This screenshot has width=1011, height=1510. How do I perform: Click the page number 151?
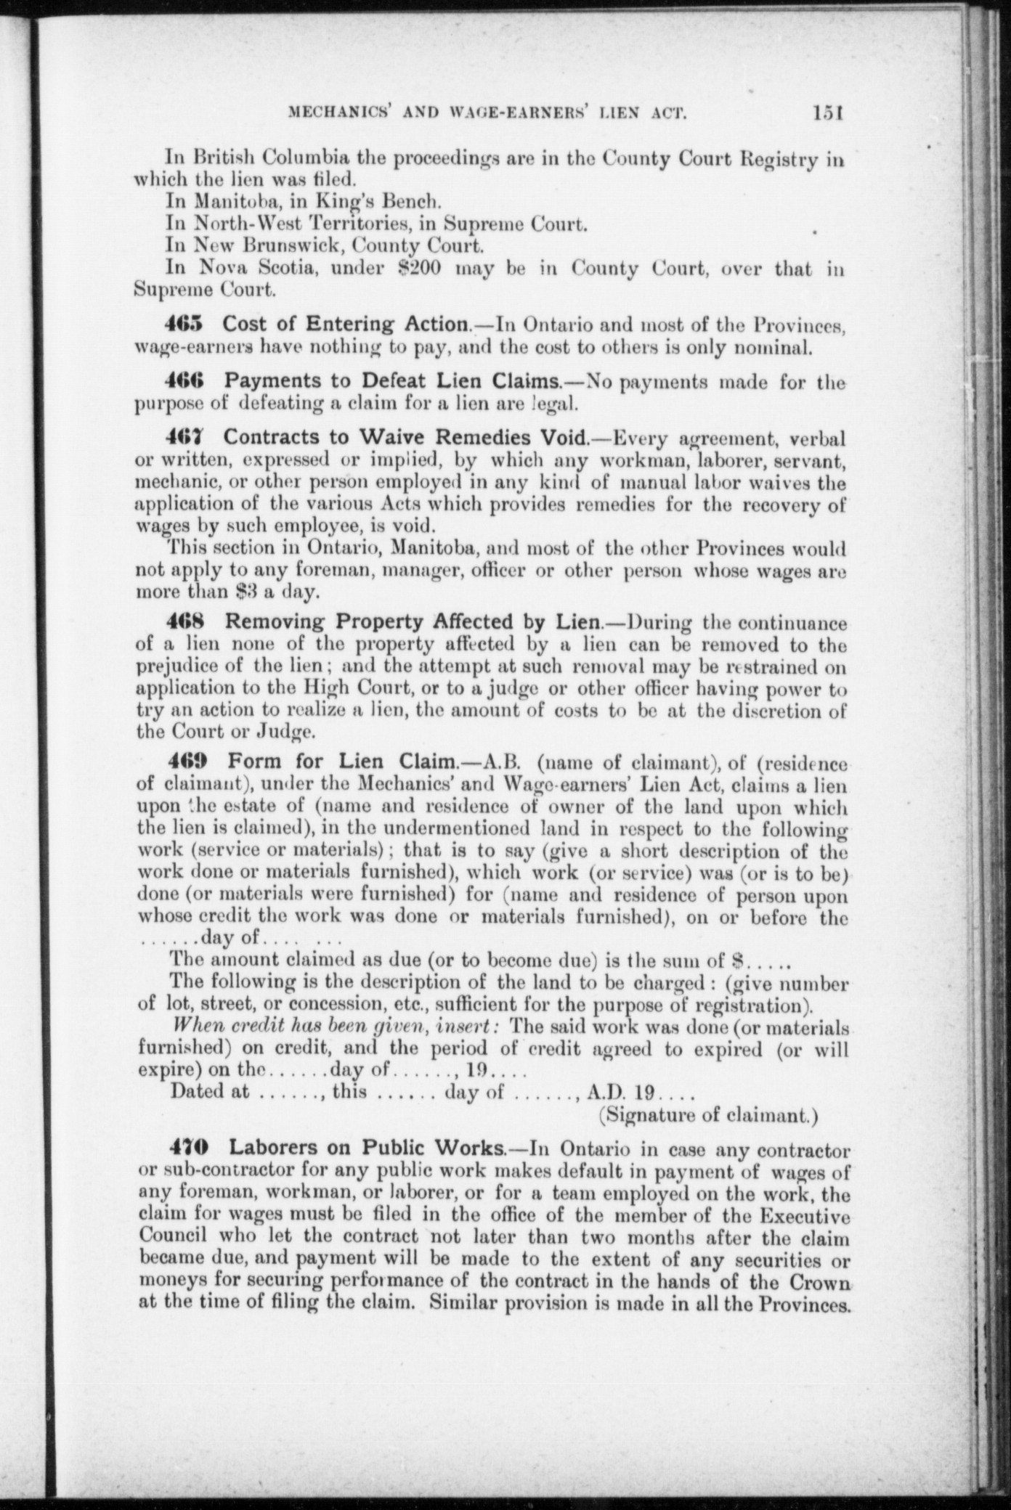827,113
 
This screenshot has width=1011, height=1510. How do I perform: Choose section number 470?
188,1148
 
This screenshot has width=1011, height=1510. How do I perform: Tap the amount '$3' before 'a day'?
245,592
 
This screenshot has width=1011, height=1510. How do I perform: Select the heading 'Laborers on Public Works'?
366,1148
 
